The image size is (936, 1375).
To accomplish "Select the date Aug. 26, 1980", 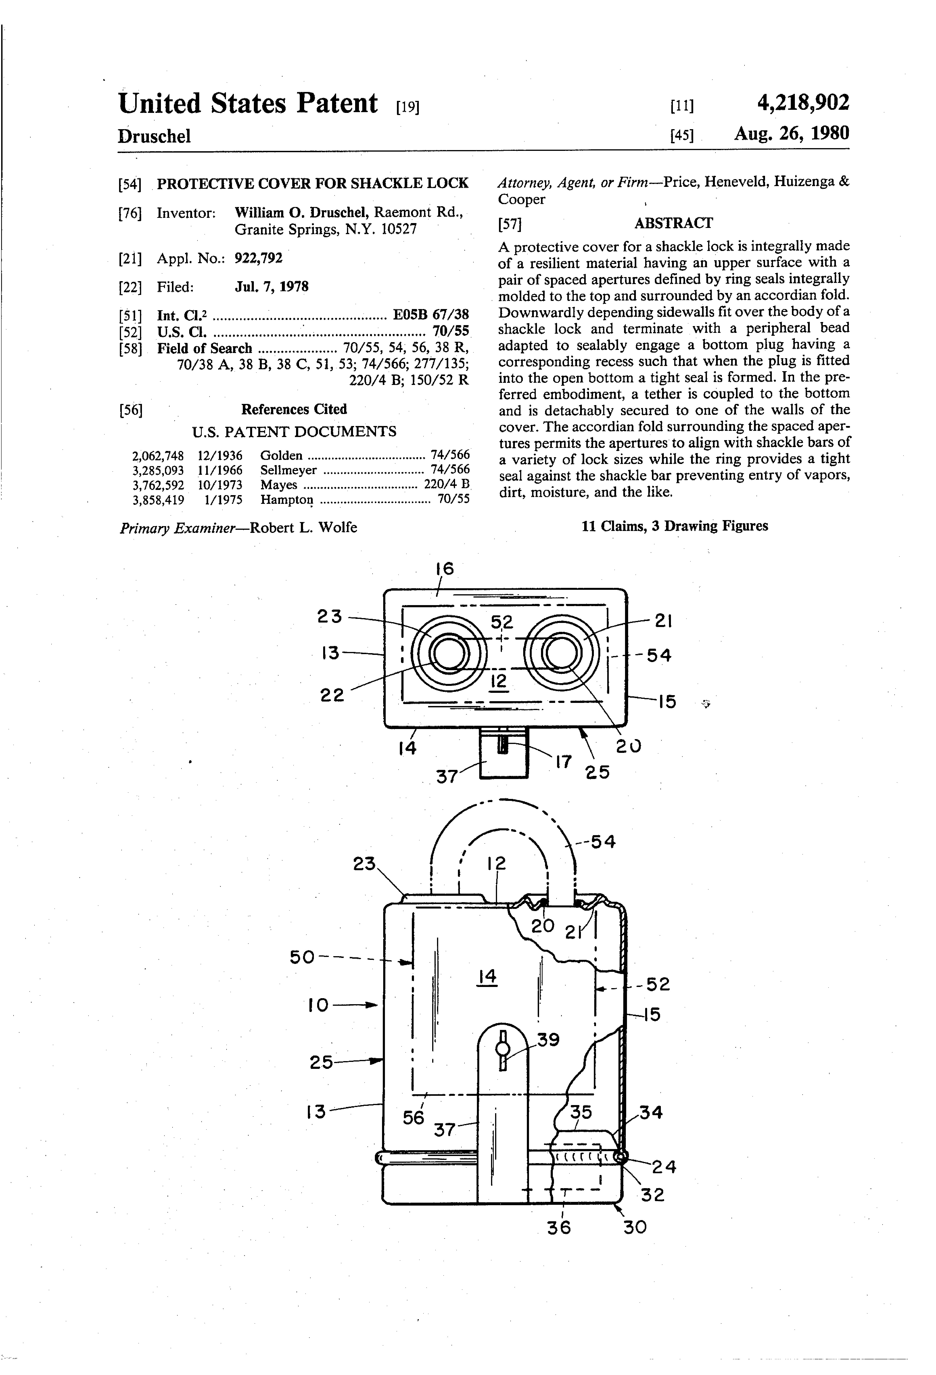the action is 792,132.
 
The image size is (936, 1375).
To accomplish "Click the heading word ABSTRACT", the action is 673,223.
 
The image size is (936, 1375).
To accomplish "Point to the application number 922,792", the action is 258,258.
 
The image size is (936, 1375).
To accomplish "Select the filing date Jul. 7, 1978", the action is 272,287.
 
